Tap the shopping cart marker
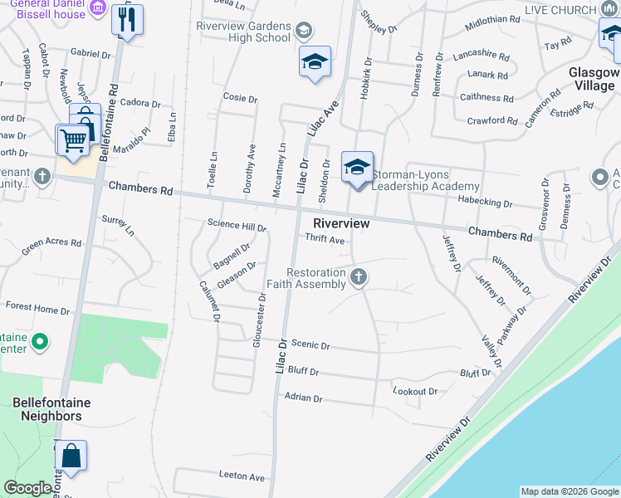click(x=72, y=139)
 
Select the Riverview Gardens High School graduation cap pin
click(x=315, y=61)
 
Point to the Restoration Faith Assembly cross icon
click(x=359, y=276)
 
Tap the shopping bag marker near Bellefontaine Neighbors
click(x=71, y=456)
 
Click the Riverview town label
click(x=341, y=224)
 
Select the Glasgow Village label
click(x=594, y=80)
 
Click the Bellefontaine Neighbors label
click(x=51, y=409)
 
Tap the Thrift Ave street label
click(x=325, y=240)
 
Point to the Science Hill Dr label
click(x=237, y=225)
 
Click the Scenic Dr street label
click(x=311, y=345)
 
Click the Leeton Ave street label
click(x=242, y=477)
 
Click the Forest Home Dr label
click(x=37, y=309)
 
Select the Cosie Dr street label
click(x=240, y=98)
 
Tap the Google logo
click(x=27, y=489)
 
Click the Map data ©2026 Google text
click(x=570, y=491)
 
